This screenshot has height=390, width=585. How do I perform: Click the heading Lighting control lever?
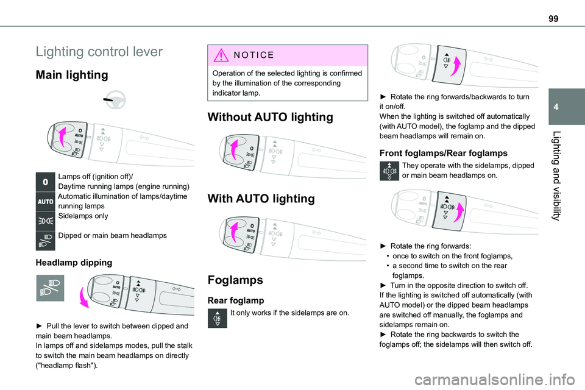click(x=99, y=52)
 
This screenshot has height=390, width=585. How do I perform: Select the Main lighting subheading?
click(x=72, y=76)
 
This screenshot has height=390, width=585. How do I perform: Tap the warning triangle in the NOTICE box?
click(x=219, y=54)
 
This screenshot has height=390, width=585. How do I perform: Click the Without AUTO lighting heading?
click(x=271, y=117)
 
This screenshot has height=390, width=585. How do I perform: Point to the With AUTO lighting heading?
click(x=262, y=198)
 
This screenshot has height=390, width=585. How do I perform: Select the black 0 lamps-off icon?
click(x=46, y=182)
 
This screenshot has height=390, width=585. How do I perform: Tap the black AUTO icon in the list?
click(x=46, y=201)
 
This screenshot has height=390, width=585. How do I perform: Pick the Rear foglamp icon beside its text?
click(x=218, y=319)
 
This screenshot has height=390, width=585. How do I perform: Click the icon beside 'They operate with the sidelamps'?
click(x=389, y=172)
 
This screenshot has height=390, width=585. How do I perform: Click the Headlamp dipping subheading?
click(x=74, y=263)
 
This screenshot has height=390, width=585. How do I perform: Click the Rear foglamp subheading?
click(x=236, y=300)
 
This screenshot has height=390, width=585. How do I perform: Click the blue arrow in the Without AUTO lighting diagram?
click(x=233, y=149)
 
